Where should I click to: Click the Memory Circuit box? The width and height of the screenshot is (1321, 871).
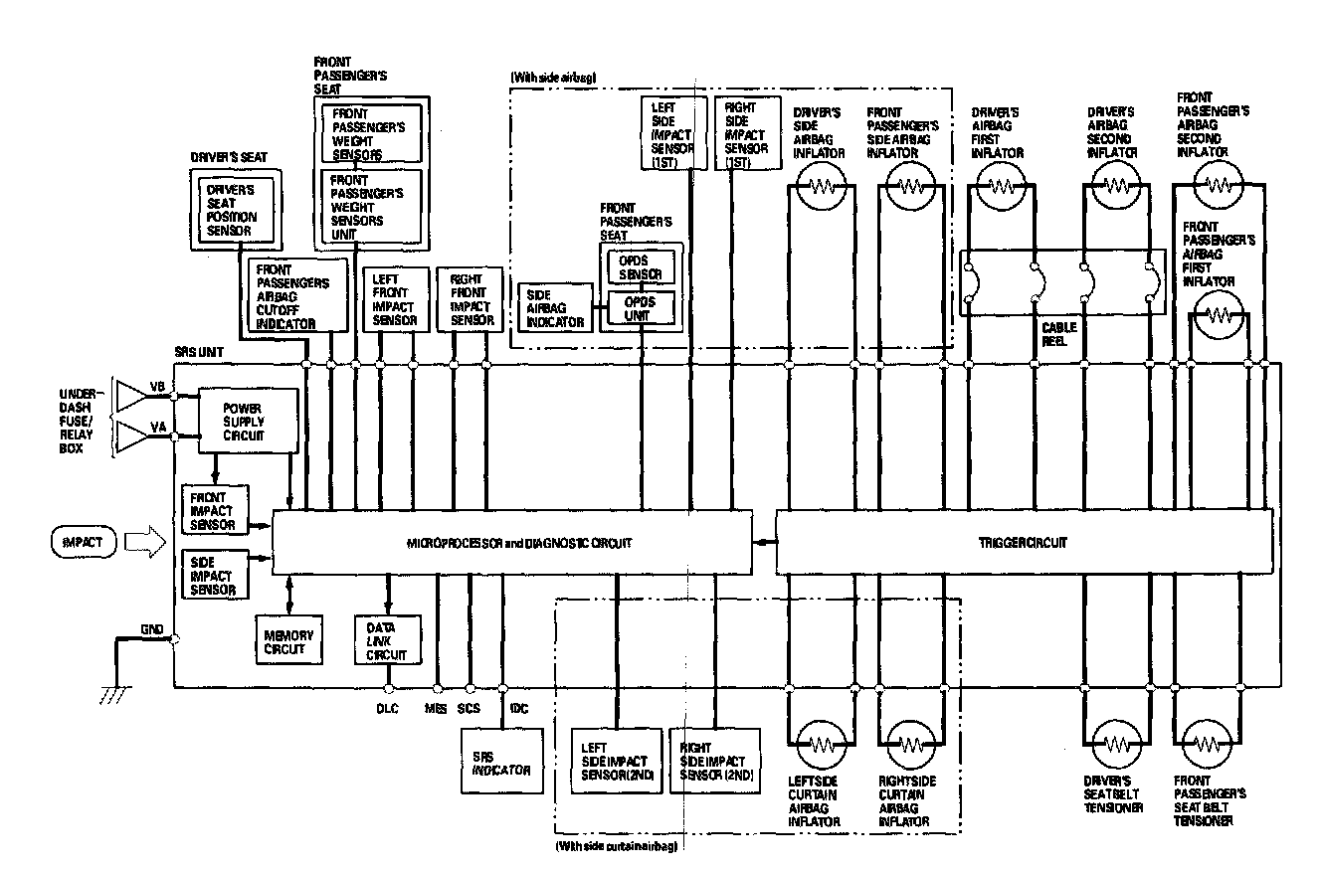pyautogui.click(x=288, y=641)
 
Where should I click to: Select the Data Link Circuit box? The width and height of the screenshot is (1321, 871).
pyautogui.click(x=389, y=640)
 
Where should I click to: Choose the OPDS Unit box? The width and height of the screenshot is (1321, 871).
pyautogui.click(x=640, y=307)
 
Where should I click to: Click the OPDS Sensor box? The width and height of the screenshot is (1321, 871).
pyautogui.click(x=640, y=265)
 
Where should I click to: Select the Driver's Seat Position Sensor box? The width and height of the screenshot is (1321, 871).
pyautogui.click(x=232, y=209)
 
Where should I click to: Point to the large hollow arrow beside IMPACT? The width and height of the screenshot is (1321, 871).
pyautogui.click(x=145, y=542)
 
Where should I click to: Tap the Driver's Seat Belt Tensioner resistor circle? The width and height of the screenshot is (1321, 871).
pyautogui.click(x=1114, y=745)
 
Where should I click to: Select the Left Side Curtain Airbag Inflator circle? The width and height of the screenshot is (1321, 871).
pyautogui.click(x=822, y=745)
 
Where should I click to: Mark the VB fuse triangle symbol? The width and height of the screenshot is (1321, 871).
pyautogui.click(x=130, y=395)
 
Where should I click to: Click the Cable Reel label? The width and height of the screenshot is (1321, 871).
pyautogui.click(x=1058, y=332)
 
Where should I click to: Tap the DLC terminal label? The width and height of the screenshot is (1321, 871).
pyautogui.click(x=388, y=709)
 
